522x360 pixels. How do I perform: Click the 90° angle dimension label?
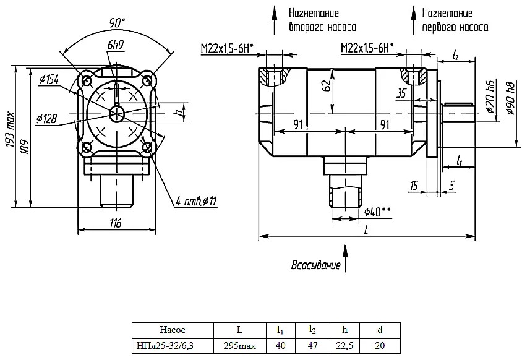pos(117,24)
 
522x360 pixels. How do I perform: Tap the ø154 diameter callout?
pos(49,80)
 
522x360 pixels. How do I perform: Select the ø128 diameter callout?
pos(46,119)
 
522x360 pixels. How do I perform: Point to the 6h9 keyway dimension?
pos(116,45)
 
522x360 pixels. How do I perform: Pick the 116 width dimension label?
pos(116,223)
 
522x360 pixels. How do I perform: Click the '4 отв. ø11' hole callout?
pos(196,201)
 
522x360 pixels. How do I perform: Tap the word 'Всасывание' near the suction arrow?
pos(316,265)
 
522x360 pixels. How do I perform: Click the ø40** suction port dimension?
pos(377,212)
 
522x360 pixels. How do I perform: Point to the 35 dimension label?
pos(402,93)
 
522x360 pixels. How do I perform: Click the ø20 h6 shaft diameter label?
pos(491,96)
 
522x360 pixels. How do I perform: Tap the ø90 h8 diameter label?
pos(510,98)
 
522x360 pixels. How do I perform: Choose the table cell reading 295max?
pos(240,346)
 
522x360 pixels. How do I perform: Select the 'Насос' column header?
pos(173,330)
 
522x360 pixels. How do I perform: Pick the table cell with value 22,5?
pos(344,346)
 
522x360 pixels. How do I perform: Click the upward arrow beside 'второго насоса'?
pos(275,20)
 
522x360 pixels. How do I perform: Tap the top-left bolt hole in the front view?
pos(86,80)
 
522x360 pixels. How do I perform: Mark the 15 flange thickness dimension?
pos(414,186)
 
